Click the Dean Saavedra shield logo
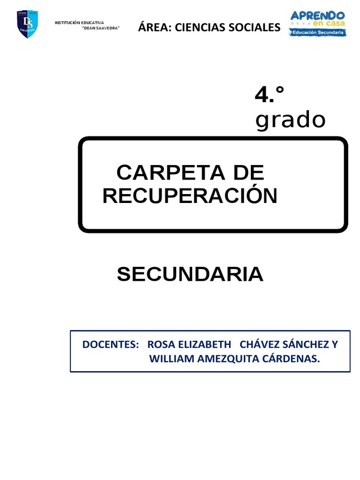click(27, 24)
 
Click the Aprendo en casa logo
click(318, 23)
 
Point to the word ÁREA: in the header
click(154, 28)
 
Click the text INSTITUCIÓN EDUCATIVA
click(79, 23)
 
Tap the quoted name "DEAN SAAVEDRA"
click(101, 29)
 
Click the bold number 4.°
click(270, 96)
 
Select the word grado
click(290, 120)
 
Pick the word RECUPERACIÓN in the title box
click(190, 195)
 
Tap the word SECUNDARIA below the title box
click(190, 274)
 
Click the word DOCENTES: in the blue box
click(111, 345)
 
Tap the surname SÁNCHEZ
click(306, 345)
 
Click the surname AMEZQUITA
click(226, 359)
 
